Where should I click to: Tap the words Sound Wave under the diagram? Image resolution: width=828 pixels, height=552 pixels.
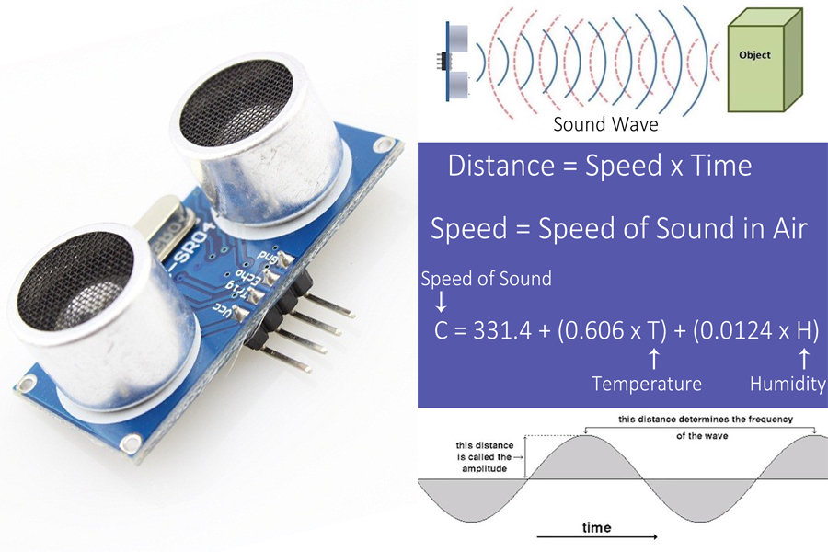click(x=605, y=124)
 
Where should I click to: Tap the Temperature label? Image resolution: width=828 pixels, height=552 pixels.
click(x=646, y=384)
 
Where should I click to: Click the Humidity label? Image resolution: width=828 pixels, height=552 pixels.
click(x=787, y=384)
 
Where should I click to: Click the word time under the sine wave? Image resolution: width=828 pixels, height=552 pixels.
click(x=596, y=528)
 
